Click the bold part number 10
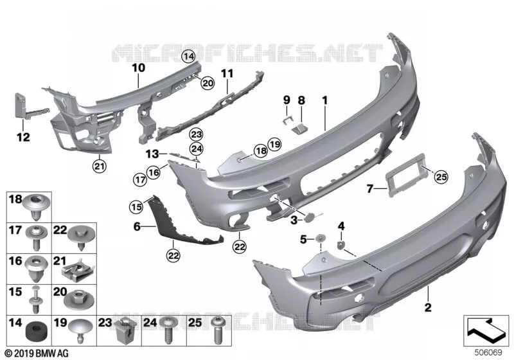coord(138,68)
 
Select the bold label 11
coord(227,73)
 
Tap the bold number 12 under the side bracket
coord(23,137)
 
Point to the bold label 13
coord(152,154)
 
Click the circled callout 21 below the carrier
coord(100,166)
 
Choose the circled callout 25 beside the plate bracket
coord(441,177)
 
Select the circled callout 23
coord(197,134)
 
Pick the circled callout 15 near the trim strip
coord(136,207)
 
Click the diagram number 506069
coord(488,352)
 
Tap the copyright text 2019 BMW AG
coord(37,354)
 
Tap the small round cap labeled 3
coord(310,218)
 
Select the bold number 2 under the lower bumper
coord(428,307)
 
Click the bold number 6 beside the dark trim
coord(137,226)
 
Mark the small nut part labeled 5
coord(320,239)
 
